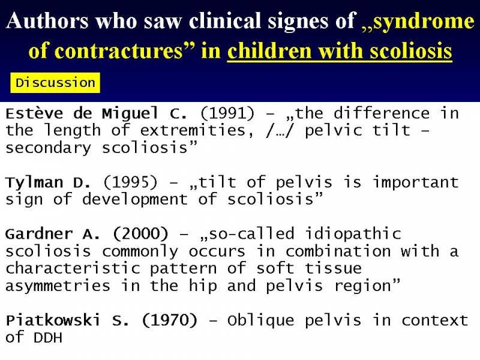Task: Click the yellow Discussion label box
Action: pyautogui.click(x=55, y=83)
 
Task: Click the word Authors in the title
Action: pyautogui.click(x=47, y=21)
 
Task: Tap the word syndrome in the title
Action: pyautogui.click(x=424, y=22)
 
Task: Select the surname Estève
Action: pyautogui.click(x=34, y=113)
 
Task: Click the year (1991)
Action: pyautogui.click(x=227, y=113)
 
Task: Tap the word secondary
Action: pyautogui.click(x=49, y=148)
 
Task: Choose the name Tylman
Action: pyautogui.click(x=34, y=183)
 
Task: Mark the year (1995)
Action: pyautogui.click(x=130, y=182)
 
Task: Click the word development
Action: pyautogui.click(x=134, y=200)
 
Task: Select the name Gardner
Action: pyautogui.click(x=39, y=234)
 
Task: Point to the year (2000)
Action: pyautogui.click(x=140, y=234)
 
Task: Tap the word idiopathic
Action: pyautogui.click(x=353, y=234)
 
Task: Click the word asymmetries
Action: pyautogui.click(x=58, y=287)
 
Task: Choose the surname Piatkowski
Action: pyautogui.click(x=53, y=320)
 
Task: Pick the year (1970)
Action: pyautogui.click(x=170, y=320)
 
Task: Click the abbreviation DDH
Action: pyautogui.click(x=48, y=338)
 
